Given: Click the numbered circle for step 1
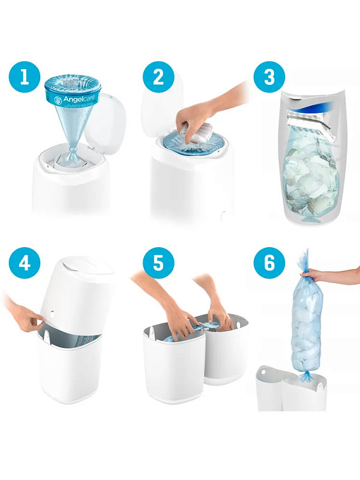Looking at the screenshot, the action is click(25, 77).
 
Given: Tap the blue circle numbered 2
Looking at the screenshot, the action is click(158, 77).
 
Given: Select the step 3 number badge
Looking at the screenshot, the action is click(269, 77).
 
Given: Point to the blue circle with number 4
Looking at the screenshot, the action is click(25, 263).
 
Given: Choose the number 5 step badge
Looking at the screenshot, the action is click(158, 263).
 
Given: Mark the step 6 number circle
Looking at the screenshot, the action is click(269, 263).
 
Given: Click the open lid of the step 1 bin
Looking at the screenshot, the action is click(104, 122).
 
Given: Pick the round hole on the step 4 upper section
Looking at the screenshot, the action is click(52, 314).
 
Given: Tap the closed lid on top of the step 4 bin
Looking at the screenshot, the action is click(86, 266).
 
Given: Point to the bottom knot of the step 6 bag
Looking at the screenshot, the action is click(305, 376).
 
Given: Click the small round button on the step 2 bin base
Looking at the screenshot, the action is click(223, 216).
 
